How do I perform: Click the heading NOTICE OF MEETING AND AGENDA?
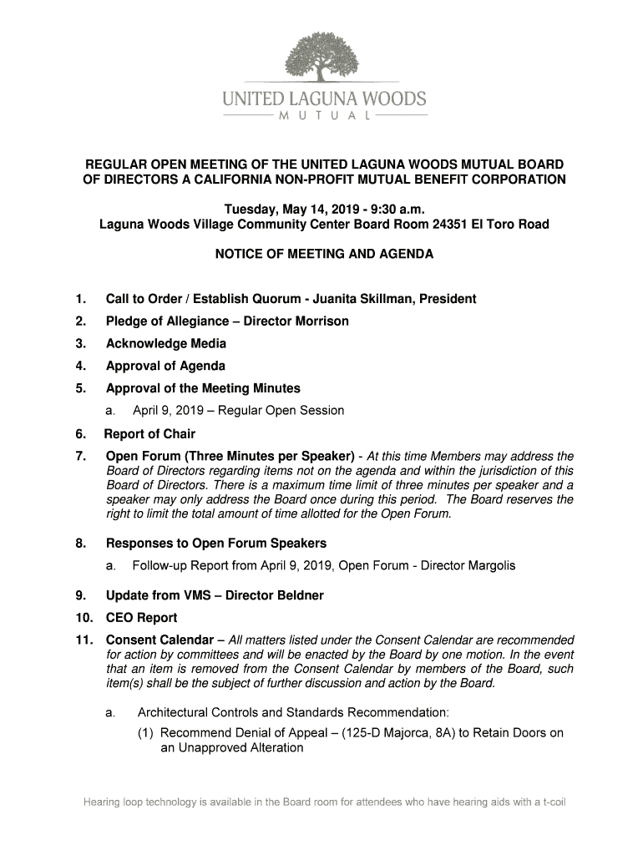click(324, 254)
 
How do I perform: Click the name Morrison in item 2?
click(318, 321)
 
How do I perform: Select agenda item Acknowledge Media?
click(165, 343)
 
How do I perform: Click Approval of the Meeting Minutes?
click(203, 388)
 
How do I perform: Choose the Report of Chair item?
click(149, 434)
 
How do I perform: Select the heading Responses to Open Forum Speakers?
click(215, 544)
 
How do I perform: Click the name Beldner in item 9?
click(294, 596)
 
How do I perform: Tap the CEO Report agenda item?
click(141, 619)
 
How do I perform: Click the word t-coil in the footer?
click(550, 804)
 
